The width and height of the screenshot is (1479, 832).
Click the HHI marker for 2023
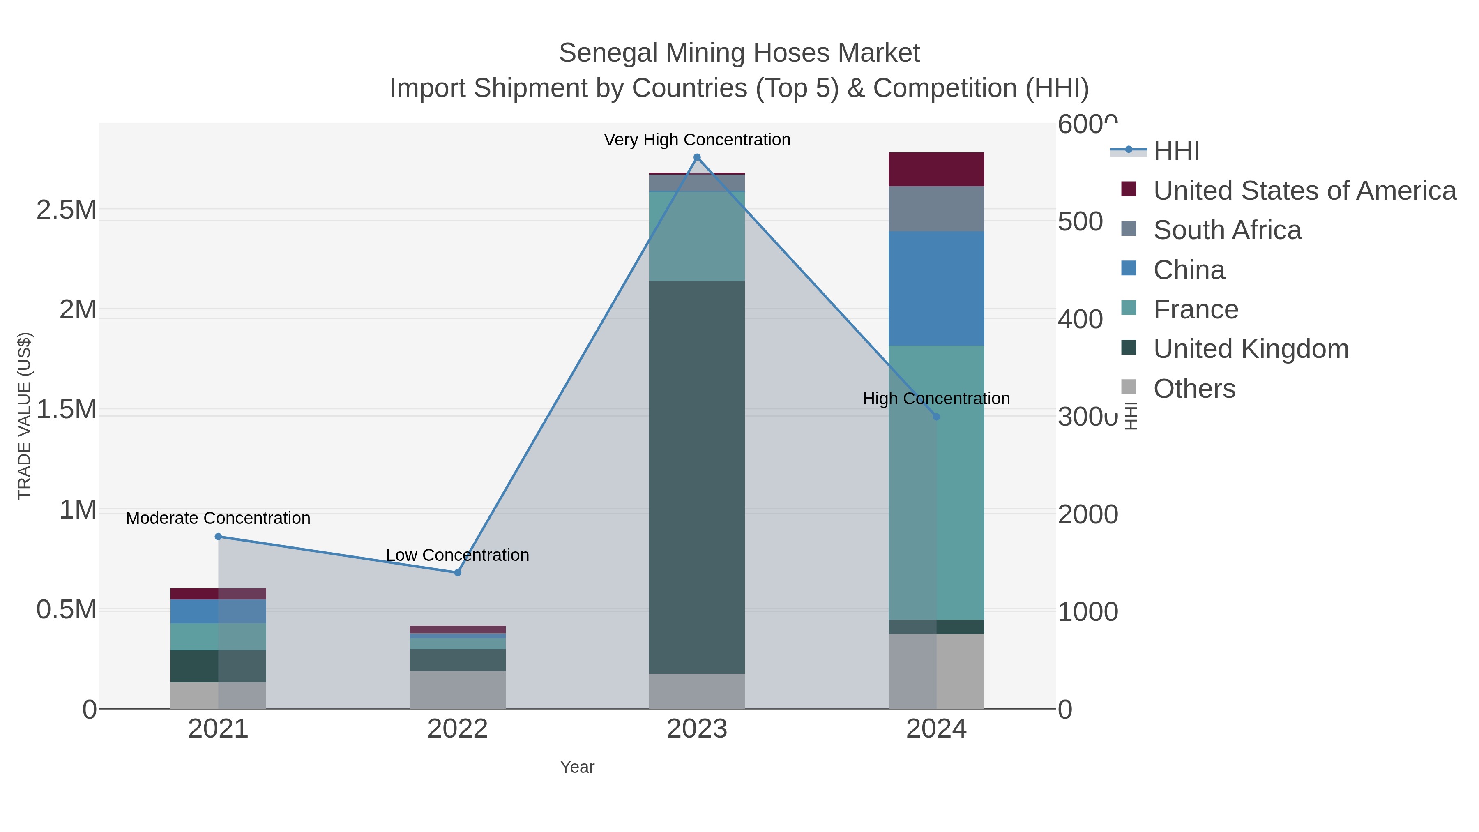click(x=697, y=157)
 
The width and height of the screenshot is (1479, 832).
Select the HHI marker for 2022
click(x=458, y=572)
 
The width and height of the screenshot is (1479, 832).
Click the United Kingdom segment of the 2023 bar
click(x=697, y=477)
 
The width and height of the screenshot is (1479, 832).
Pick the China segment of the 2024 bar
click(x=936, y=288)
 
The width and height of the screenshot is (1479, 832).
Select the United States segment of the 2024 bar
click(x=936, y=169)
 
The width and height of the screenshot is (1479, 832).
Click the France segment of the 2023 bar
click(x=697, y=236)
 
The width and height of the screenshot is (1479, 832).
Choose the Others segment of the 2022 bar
click(x=458, y=689)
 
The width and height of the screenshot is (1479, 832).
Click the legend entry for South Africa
click(x=1228, y=230)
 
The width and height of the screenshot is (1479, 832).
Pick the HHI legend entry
click(x=1176, y=151)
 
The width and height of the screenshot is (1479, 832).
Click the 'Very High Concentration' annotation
click(x=697, y=140)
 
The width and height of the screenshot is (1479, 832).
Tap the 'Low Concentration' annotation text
click(x=458, y=555)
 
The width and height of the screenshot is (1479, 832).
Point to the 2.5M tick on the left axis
click(x=67, y=210)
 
